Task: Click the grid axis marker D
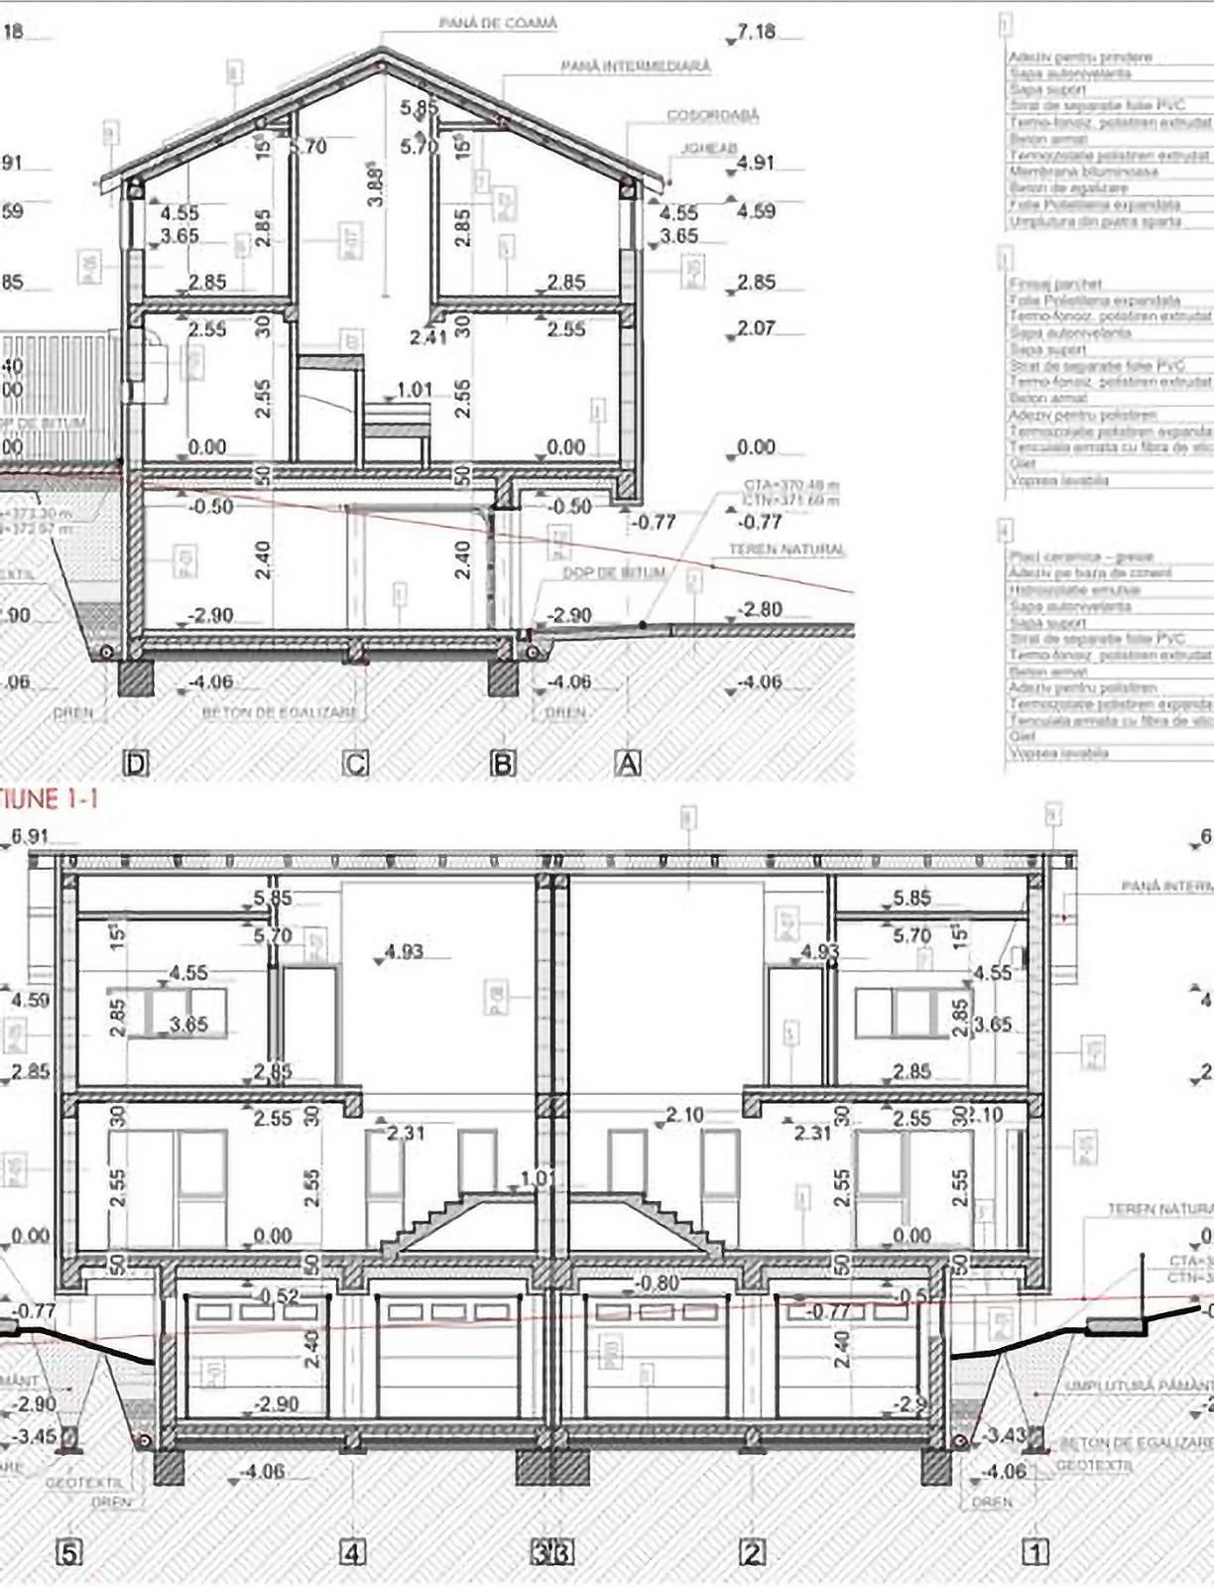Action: pos(135,763)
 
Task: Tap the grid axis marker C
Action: pos(355,763)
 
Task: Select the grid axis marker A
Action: pos(629,763)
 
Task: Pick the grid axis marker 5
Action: pos(67,1552)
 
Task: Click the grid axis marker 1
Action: pos(1035,1551)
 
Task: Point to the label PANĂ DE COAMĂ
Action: pos(499,23)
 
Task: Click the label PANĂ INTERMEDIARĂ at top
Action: pos(636,66)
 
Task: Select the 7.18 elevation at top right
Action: pos(757,32)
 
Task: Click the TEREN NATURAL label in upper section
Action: pos(788,549)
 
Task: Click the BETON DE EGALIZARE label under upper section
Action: pos(279,712)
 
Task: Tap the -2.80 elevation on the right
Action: pos(761,609)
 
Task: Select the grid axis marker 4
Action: pos(353,1552)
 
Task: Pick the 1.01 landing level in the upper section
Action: pos(415,390)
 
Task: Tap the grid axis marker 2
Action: pos(753,1552)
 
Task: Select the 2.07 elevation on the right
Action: pos(757,327)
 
